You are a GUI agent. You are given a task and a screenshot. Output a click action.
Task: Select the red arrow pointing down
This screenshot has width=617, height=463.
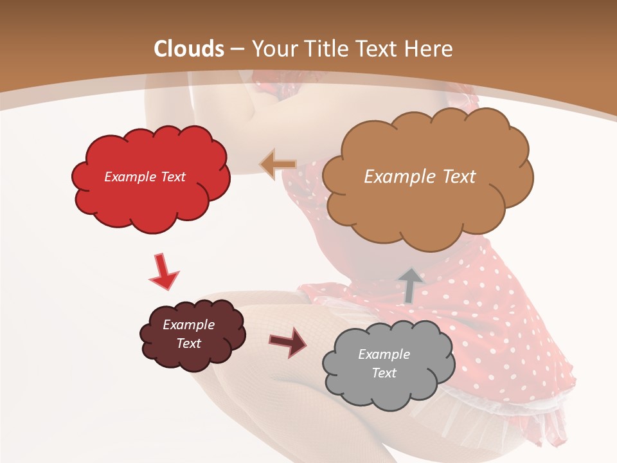tap(163, 271)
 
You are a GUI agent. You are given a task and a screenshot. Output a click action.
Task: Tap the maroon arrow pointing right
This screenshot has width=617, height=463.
tap(289, 341)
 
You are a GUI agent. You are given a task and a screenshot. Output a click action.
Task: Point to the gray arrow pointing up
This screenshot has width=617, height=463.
tap(410, 285)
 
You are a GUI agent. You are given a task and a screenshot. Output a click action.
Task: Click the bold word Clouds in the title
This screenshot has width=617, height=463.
tap(189, 49)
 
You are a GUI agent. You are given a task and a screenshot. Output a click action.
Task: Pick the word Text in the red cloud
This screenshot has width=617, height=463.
tap(172, 177)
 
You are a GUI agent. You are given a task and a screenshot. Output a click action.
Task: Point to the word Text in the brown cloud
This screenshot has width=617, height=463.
tap(459, 177)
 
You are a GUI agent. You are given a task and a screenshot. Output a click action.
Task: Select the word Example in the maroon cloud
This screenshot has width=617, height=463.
tap(188, 325)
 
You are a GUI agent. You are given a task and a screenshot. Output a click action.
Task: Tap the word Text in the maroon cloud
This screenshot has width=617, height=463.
tap(188, 343)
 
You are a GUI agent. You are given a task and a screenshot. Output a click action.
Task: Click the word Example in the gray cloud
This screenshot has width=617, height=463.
tap(384, 354)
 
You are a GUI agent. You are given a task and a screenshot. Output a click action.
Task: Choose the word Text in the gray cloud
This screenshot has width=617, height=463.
tap(384, 373)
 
